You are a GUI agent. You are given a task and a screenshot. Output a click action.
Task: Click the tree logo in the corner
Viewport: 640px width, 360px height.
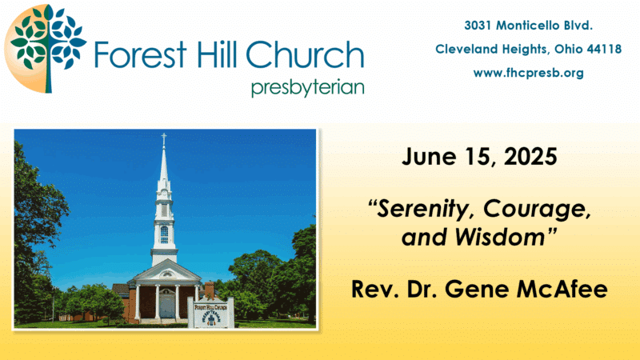pos(45,49)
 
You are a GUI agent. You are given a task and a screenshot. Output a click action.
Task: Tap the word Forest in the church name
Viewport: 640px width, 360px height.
pos(141,54)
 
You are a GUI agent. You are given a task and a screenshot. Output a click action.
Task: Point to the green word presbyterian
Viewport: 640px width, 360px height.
pos(308,88)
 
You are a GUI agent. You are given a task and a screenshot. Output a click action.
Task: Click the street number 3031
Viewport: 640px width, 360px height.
pos(478,26)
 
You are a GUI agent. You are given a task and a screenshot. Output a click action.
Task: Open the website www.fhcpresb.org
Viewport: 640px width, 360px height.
pos(529,73)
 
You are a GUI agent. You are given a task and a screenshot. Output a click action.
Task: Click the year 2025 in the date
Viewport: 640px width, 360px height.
pos(530,156)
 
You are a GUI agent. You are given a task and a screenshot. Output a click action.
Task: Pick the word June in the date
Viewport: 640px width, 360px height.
pos(429,156)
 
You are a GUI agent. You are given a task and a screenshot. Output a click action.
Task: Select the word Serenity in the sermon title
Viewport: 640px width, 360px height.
pos(425,210)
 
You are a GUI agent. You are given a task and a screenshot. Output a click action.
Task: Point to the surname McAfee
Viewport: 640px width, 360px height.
pos(562,289)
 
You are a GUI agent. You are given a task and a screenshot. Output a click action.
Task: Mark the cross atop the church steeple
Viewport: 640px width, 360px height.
pos(164,138)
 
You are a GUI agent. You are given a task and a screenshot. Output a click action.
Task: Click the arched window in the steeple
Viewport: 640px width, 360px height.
pos(164,234)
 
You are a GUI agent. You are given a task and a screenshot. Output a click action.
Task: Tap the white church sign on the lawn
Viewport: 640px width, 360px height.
pos(210,313)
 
